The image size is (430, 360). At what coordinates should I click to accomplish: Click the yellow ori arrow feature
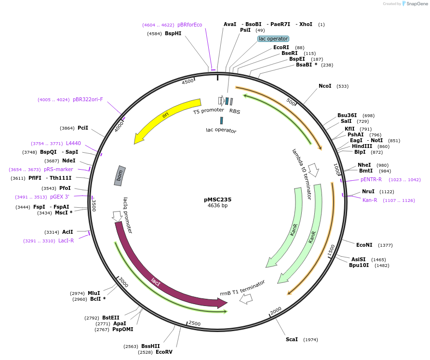click(166, 116)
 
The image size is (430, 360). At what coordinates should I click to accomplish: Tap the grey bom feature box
click(120, 176)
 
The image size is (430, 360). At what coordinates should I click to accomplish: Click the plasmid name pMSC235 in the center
click(217, 200)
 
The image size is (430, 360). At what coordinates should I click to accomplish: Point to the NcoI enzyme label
click(325, 86)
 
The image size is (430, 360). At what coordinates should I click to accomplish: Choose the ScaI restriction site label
click(292, 340)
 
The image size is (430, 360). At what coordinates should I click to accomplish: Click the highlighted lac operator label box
click(273, 39)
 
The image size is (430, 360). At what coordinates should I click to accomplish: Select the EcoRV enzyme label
click(164, 352)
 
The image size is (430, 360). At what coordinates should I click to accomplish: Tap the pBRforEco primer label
click(189, 25)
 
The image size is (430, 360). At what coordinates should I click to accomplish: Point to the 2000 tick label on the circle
click(276, 311)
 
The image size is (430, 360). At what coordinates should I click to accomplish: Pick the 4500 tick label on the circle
click(188, 82)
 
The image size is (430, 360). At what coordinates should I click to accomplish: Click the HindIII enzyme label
click(362, 147)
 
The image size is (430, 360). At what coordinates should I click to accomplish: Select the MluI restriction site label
click(94, 293)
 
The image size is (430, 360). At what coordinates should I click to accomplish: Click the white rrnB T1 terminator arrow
click(246, 299)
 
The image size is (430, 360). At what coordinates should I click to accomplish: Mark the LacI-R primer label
click(66, 241)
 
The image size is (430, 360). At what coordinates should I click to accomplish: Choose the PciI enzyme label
click(83, 128)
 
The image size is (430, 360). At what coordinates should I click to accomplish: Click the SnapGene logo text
click(417, 4)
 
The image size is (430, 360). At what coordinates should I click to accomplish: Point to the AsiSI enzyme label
click(359, 259)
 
